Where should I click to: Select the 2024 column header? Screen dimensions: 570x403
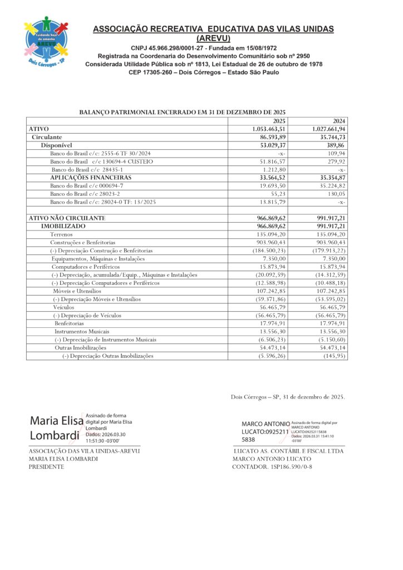(338, 121)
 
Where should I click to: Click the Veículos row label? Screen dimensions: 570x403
(63, 307)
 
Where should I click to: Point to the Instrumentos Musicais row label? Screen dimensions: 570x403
(78, 331)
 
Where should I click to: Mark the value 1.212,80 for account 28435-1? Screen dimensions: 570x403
(275, 169)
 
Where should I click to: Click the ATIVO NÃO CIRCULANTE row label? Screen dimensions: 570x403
(67, 218)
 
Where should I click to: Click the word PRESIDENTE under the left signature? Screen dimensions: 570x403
(46, 466)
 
